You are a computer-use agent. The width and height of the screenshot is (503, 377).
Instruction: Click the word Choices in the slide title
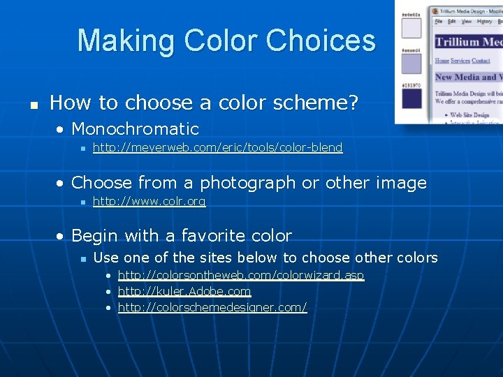(x=322, y=40)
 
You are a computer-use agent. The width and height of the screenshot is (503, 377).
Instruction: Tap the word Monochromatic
(x=135, y=129)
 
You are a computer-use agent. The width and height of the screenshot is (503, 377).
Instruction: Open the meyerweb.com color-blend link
(x=217, y=147)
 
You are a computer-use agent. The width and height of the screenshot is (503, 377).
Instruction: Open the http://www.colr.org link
(x=149, y=202)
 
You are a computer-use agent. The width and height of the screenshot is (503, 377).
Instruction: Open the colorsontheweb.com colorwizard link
(x=241, y=275)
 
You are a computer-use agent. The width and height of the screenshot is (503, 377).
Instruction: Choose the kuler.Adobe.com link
(x=184, y=291)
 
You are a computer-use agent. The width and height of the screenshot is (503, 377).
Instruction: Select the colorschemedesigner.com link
(x=212, y=308)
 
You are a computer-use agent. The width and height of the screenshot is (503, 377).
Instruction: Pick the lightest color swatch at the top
(x=411, y=28)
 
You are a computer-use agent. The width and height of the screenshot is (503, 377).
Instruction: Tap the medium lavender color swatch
(x=411, y=64)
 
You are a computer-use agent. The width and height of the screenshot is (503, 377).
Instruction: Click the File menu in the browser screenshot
(x=439, y=22)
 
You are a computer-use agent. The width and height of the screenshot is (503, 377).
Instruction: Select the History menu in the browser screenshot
(x=483, y=22)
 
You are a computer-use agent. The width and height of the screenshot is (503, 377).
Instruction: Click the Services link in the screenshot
(x=460, y=61)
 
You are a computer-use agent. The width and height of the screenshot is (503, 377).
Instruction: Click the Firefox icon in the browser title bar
(x=435, y=10)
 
